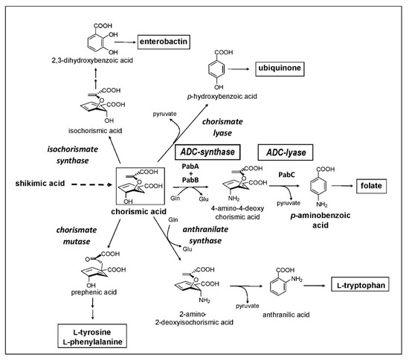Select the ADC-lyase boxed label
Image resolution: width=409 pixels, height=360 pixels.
click(x=284, y=153)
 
